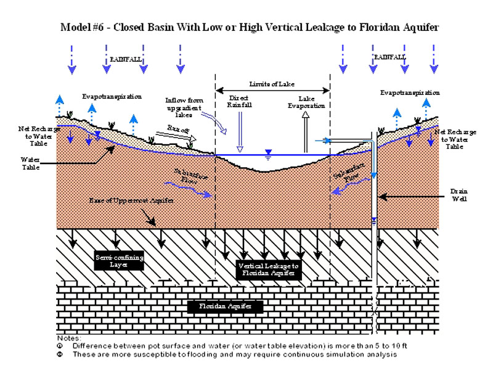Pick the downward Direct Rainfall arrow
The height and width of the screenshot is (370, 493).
240,133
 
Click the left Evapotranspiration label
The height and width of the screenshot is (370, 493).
112,97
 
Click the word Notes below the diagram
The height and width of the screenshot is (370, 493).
66,338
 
